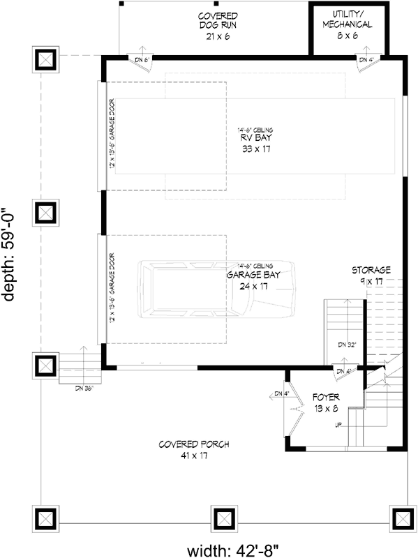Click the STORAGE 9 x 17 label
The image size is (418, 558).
[371, 275]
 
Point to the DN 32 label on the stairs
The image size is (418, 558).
[347, 345]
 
